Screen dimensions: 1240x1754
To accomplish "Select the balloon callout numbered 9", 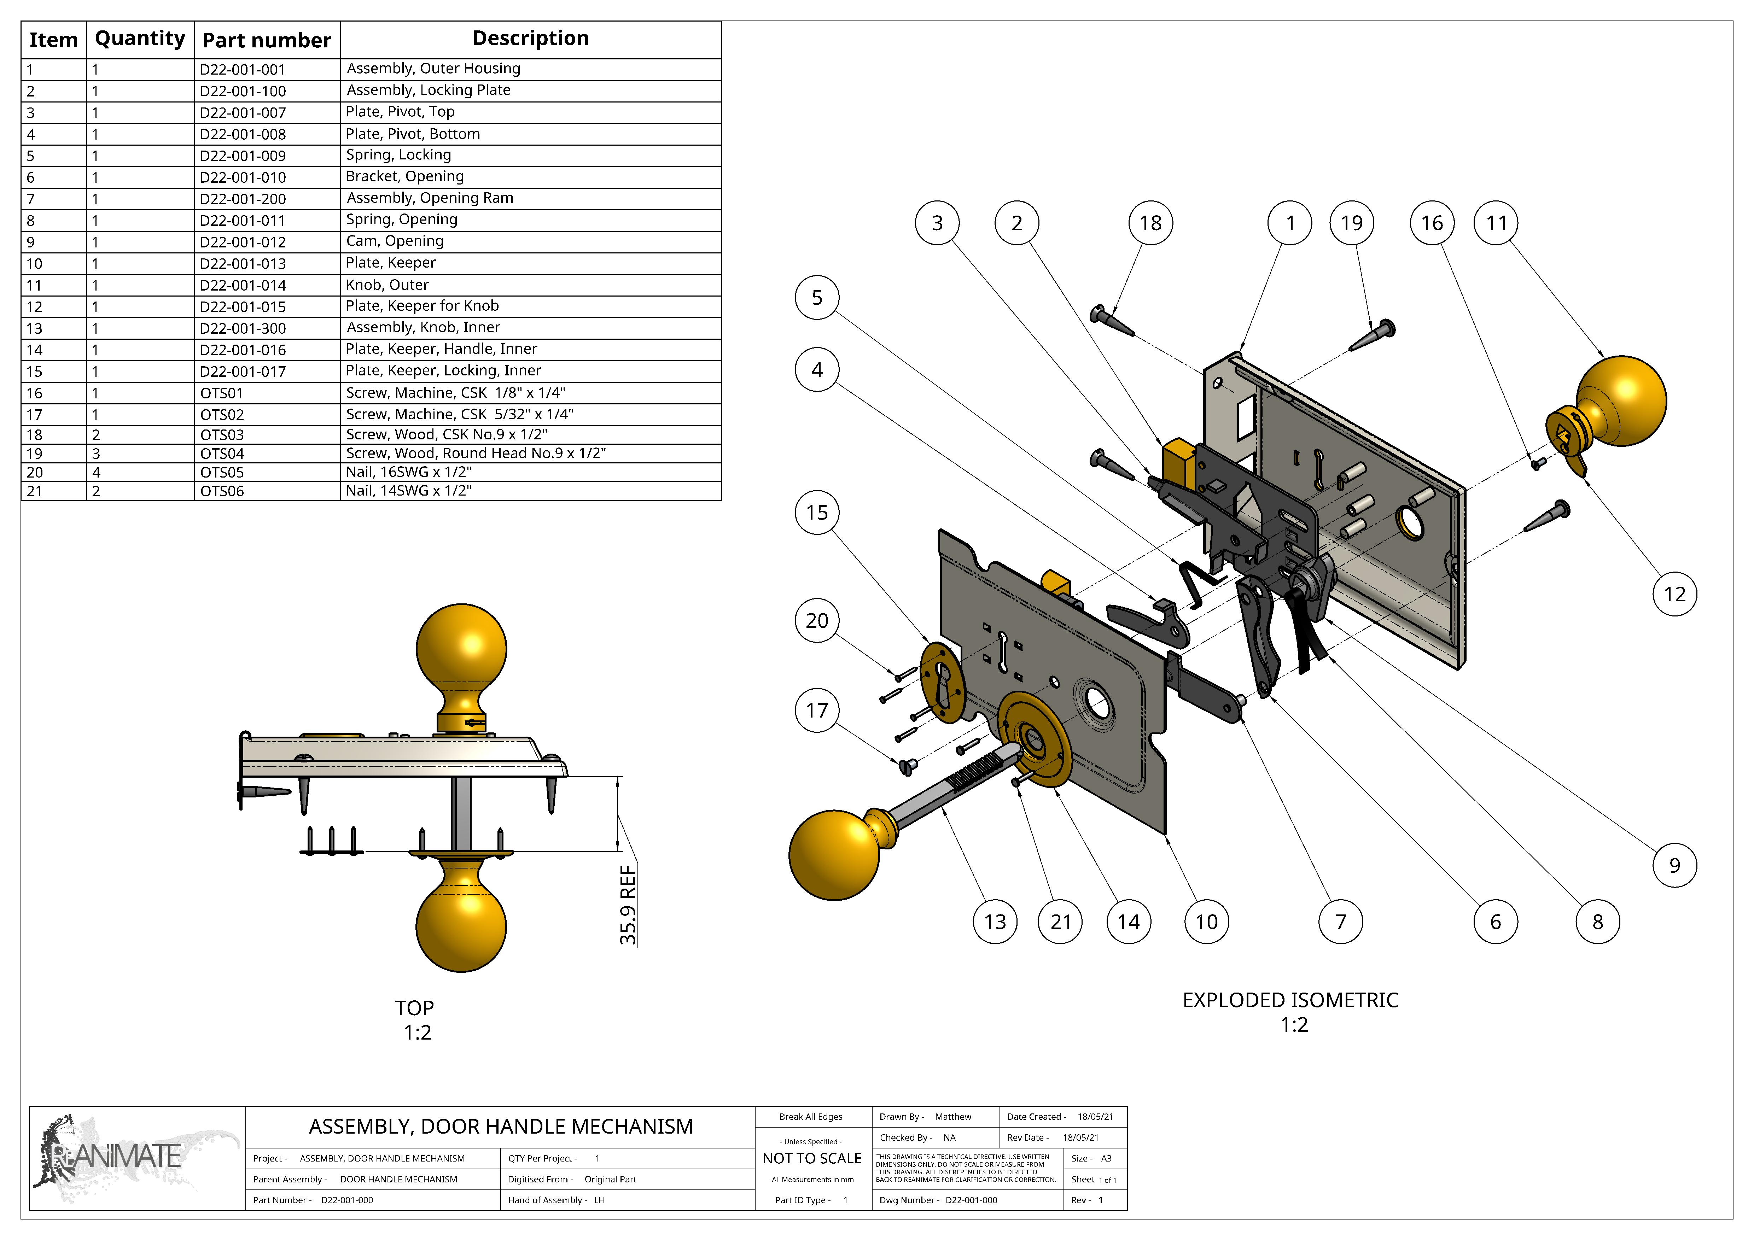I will click(x=1674, y=865).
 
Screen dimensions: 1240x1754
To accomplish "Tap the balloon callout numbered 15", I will click(x=817, y=512).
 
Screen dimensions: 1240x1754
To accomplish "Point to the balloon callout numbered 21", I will click(x=1060, y=922).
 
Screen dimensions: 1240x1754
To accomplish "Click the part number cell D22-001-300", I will click(x=243, y=328).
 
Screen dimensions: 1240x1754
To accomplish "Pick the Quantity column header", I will click(x=140, y=39).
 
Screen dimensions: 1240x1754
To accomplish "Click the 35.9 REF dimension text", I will click(x=628, y=905).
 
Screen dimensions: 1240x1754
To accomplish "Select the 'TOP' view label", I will click(x=414, y=1008).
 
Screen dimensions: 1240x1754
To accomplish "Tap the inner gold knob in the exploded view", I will click(x=835, y=855).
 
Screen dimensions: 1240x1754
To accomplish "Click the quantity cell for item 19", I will click(x=96, y=454).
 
